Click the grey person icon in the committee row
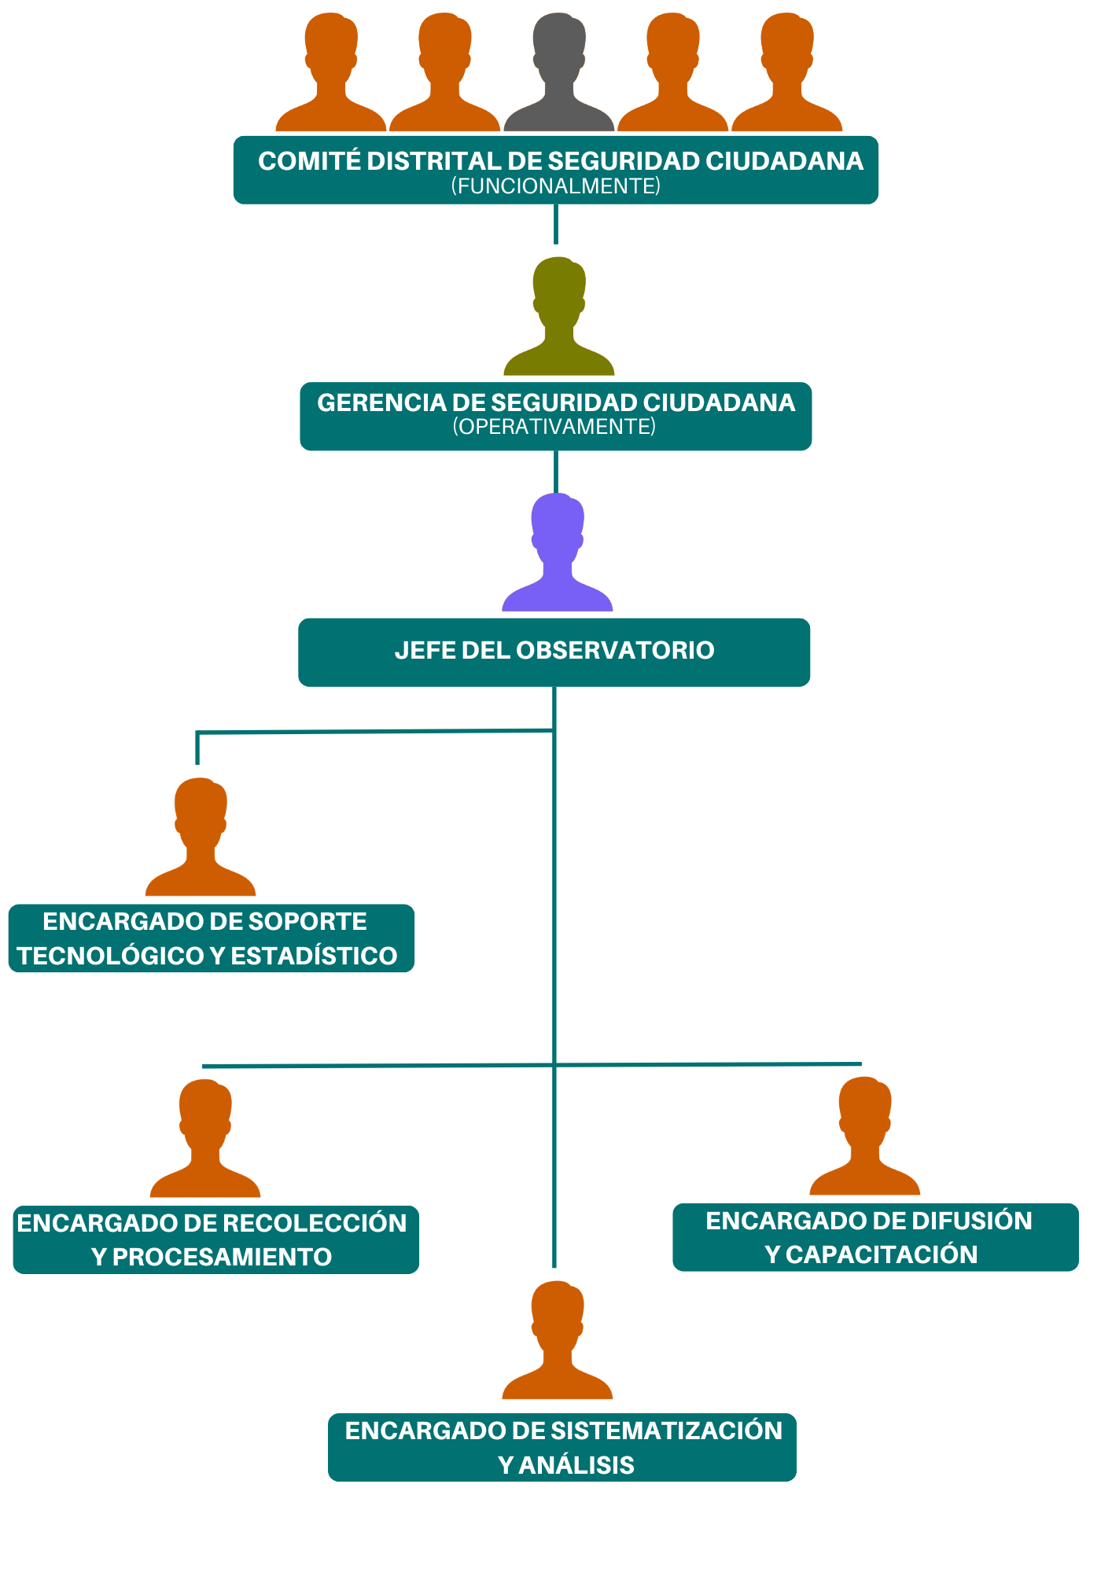558,75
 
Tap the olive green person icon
558,318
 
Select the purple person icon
557,555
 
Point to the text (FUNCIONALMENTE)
555,186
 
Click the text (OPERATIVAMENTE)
554,427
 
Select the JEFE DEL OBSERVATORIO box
554,652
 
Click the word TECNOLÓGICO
111,956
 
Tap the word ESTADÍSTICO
314,956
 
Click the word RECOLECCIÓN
315,1223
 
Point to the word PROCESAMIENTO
222,1257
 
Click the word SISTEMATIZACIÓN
666,1431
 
